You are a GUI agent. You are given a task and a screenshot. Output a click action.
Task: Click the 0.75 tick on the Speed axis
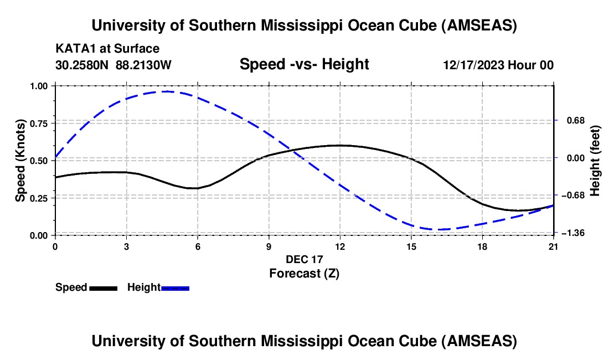(x=42, y=124)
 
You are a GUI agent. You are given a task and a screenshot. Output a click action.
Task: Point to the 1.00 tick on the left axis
(x=42, y=86)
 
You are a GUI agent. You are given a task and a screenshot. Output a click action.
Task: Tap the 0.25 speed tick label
(x=42, y=198)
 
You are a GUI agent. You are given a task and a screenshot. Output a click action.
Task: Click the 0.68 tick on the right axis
(x=571, y=121)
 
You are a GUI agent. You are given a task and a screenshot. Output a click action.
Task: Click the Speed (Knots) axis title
(x=20, y=161)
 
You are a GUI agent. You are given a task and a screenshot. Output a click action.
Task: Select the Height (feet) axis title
(x=595, y=161)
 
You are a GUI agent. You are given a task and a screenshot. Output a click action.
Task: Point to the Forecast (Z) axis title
(x=304, y=273)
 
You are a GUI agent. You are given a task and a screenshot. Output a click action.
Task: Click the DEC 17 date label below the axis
(x=304, y=259)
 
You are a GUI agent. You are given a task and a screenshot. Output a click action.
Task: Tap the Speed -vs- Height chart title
(x=304, y=64)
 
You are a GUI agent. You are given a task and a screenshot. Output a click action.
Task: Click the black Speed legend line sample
(x=103, y=288)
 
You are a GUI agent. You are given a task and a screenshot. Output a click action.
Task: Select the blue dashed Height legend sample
(x=175, y=288)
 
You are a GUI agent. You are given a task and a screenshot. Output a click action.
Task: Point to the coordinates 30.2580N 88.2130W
(x=113, y=65)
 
